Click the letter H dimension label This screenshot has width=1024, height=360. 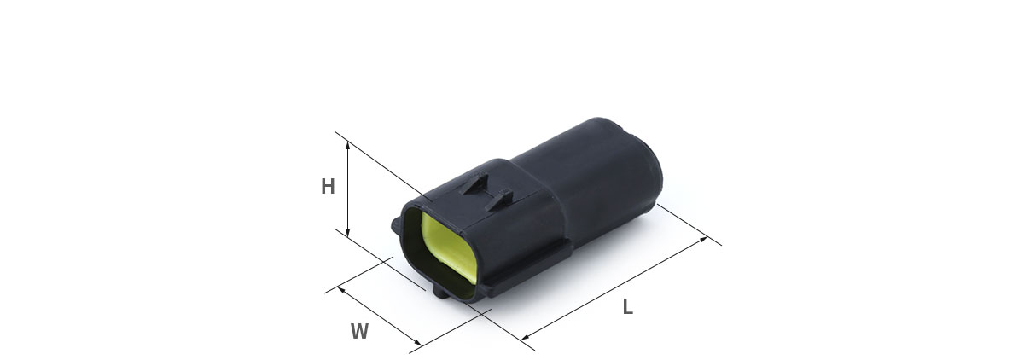[328, 186]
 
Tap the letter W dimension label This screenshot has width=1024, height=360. [360, 331]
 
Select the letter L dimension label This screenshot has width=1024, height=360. [628, 306]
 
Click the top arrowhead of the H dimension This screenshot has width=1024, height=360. [348, 145]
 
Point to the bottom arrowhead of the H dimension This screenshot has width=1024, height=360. [348, 233]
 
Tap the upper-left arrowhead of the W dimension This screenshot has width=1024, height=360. [341, 290]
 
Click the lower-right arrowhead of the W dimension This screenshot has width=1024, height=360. [417, 343]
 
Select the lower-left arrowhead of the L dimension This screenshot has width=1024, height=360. [526, 337]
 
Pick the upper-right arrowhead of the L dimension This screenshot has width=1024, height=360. [703, 240]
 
